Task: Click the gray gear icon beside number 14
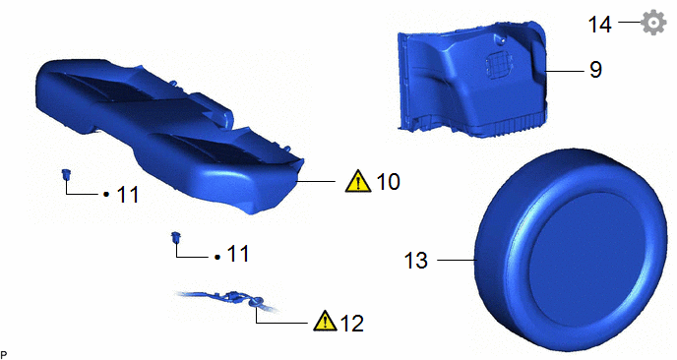click(x=653, y=23)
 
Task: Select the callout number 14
click(x=600, y=25)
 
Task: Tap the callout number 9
click(x=596, y=69)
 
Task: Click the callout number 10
click(x=388, y=181)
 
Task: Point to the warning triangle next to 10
click(x=358, y=181)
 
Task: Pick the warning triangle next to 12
click(x=326, y=321)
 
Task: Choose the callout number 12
click(x=352, y=323)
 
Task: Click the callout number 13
click(x=416, y=261)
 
